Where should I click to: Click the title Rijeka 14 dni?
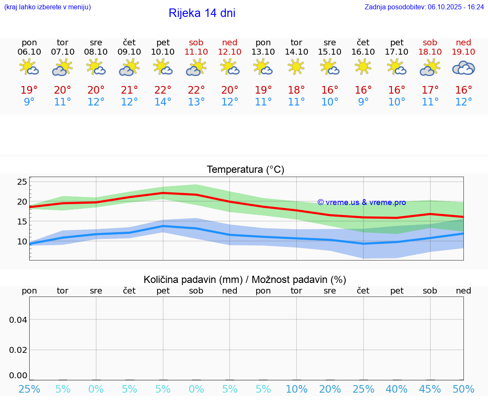tap(202, 13)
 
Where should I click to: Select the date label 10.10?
tap(163, 52)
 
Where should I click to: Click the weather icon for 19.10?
tap(463, 68)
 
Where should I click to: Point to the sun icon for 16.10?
tap(363, 67)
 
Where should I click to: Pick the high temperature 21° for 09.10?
tap(129, 90)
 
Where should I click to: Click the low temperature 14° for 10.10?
tap(163, 102)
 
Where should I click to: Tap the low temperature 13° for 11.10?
tap(196, 102)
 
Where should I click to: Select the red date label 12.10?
tap(230, 52)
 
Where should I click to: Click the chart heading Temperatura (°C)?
tap(245, 169)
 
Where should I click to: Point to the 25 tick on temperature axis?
tap(22, 182)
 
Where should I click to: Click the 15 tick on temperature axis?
tap(22, 222)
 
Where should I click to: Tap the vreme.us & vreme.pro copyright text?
tap(362, 202)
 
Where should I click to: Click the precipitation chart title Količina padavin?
tap(245, 280)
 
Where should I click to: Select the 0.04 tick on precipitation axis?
tap(19, 320)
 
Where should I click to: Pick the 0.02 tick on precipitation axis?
tap(19, 350)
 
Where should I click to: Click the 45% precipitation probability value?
tap(430, 389)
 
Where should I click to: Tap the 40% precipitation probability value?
tap(396, 389)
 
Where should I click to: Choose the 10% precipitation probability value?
tap(297, 389)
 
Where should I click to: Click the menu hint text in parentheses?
tap(47, 7)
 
